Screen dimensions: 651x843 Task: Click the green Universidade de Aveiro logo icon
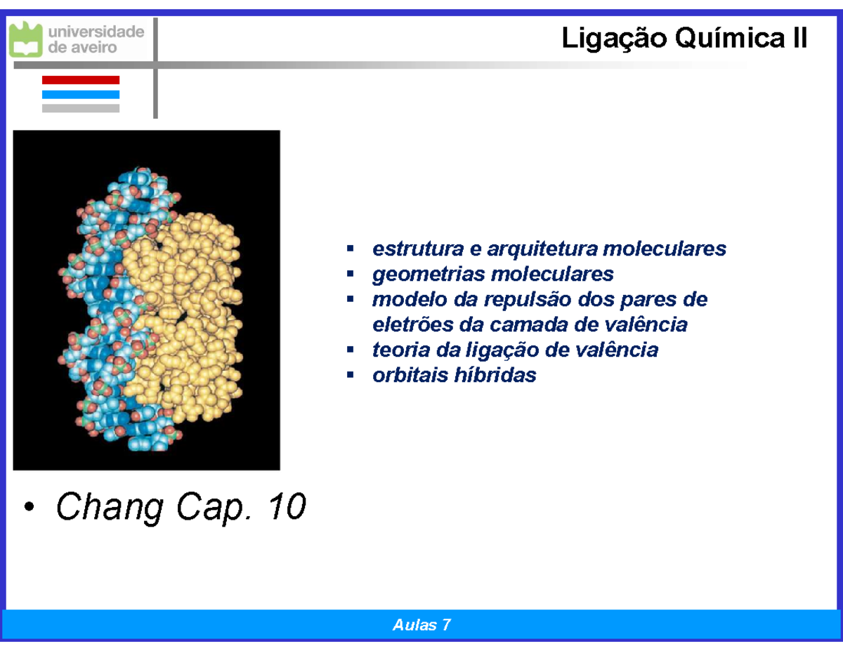point(25,39)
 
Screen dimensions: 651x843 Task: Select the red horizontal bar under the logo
point(81,80)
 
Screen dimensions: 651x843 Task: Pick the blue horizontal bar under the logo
point(81,94)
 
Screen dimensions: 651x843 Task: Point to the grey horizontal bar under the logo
point(81,108)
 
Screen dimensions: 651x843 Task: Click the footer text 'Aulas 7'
point(421,625)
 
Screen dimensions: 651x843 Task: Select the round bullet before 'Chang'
point(28,508)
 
